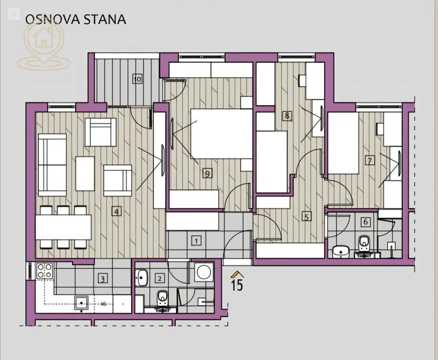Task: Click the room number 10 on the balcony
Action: pyautogui.click(x=137, y=79)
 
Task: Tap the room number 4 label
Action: pyautogui.click(x=116, y=211)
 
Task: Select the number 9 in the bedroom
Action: pyautogui.click(x=207, y=173)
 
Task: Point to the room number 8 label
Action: pyautogui.click(x=287, y=116)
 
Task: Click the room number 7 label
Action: pyautogui.click(x=370, y=161)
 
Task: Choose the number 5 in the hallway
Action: pyautogui.click(x=307, y=217)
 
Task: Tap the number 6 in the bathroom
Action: pyautogui.click(x=365, y=222)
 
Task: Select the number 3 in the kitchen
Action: pyautogui.click(x=103, y=279)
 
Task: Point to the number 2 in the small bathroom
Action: pyautogui.click(x=160, y=278)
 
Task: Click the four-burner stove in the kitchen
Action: pyautogui.click(x=44, y=271)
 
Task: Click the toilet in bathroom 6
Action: pyautogui.click(x=364, y=243)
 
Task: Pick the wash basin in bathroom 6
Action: pyautogui.click(x=340, y=251)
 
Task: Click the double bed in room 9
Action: pyautogui.click(x=221, y=134)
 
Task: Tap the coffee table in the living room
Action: pyautogui.click(x=85, y=174)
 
